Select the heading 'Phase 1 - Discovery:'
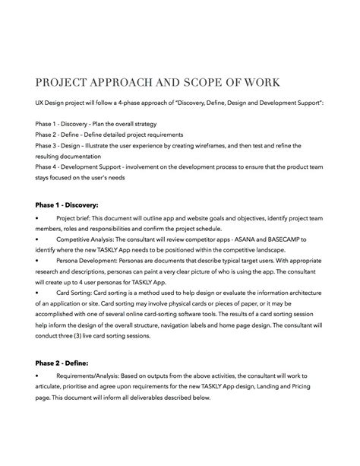pos(67,204)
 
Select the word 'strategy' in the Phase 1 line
pos(162,123)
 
